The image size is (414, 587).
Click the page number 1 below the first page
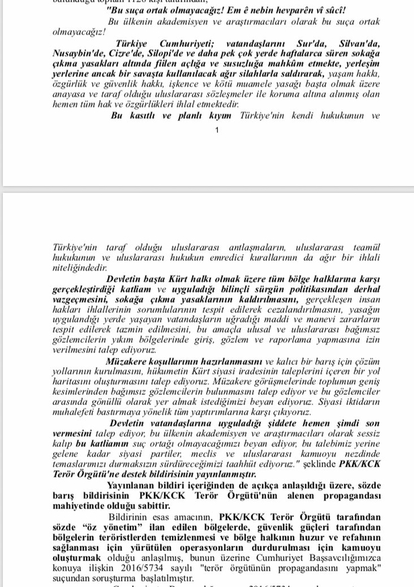pyautogui.click(x=216, y=130)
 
